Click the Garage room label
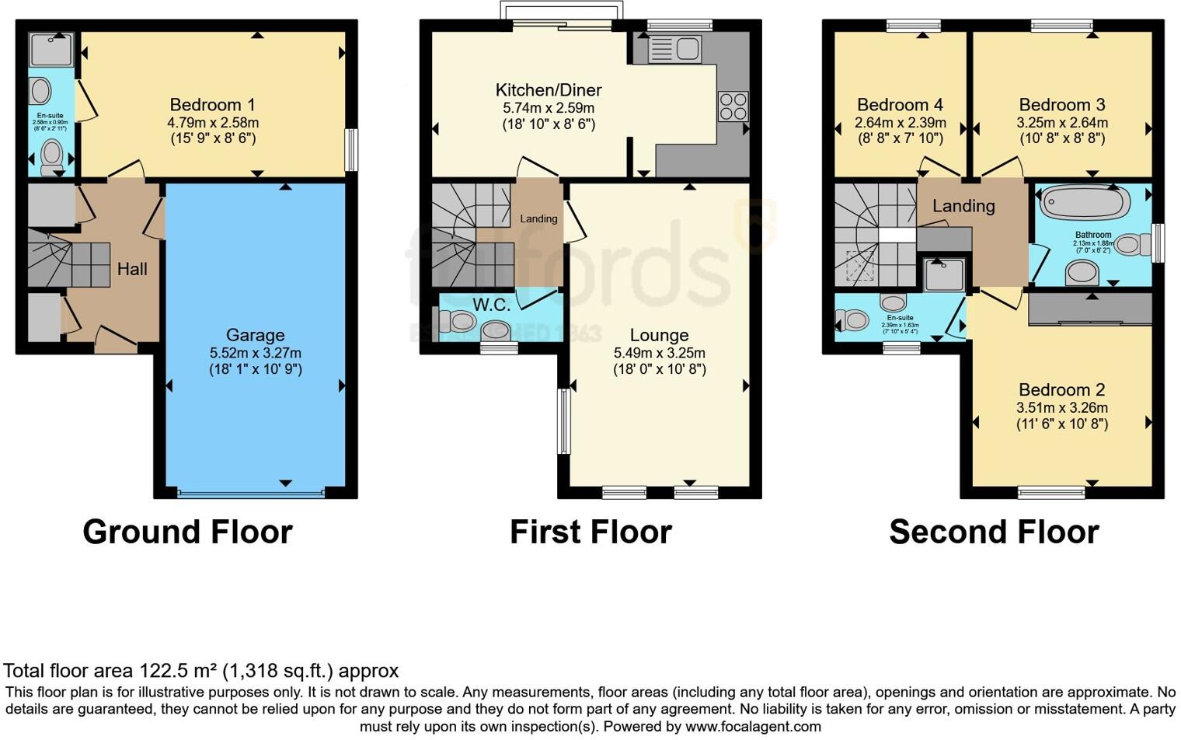(x=255, y=335)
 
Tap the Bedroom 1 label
(x=212, y=104)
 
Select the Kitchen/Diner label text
(x=549, y=89)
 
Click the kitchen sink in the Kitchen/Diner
(x=675, y=49)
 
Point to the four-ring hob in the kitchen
(x=733, y=106)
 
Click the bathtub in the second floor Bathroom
(x=1085, y=202)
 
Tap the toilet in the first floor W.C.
(x=458, y=320)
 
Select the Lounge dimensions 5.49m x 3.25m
(x=659, y=353)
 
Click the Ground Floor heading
(x=187, y=532)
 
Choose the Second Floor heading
(x=994, y=532)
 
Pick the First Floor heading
(x=590, y=532)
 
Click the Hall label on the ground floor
(x=132, y=269)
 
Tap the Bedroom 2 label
(x=1061, y=389)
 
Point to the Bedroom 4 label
(x=900, y=104)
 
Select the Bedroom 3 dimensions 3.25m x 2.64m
(x=1061, y=123)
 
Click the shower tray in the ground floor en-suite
(x=51, y=49)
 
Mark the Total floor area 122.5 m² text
(x=200, y=671)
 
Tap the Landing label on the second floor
(x=963, y=206)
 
